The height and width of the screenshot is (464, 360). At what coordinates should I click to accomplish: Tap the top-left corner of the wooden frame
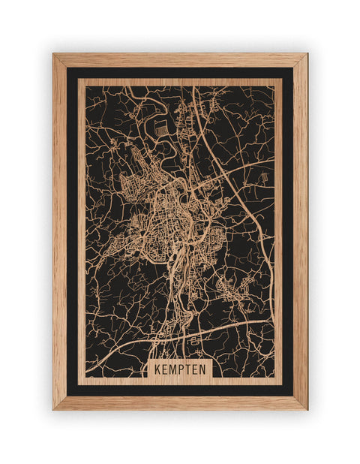pos(54,54)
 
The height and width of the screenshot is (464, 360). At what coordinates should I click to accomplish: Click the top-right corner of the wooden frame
pos(306,54)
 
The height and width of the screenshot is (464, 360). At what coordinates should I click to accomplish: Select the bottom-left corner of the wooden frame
pos(54,408)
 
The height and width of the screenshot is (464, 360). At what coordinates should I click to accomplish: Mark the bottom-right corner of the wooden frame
pos(306,408)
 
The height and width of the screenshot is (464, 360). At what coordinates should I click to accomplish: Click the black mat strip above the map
pos(180,73)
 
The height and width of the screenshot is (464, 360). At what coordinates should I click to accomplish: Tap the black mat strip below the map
pos(180,390)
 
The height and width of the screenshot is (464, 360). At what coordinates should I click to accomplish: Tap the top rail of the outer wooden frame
pos(180,59)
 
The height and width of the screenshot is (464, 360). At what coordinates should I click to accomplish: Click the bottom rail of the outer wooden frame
pos(180,403)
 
